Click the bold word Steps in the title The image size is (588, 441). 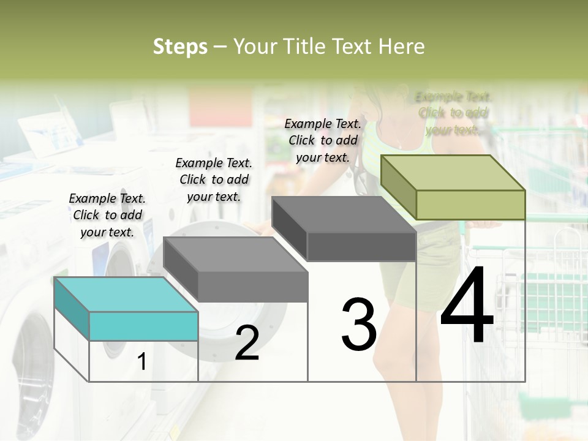point(180,47)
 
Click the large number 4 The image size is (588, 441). point(467,306)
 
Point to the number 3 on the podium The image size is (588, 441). point(359,325)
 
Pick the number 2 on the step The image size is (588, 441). point(247,343)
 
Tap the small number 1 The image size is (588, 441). point(142,362)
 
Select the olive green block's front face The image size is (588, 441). point(470,205)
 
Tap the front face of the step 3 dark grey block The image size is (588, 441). point(361,247)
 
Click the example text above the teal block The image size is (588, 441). point(107,215)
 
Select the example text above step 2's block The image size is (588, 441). point(214,179)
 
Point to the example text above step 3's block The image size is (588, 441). point(323,140)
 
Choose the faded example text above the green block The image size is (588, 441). point(453,113)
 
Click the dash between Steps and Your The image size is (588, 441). point(221,47)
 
